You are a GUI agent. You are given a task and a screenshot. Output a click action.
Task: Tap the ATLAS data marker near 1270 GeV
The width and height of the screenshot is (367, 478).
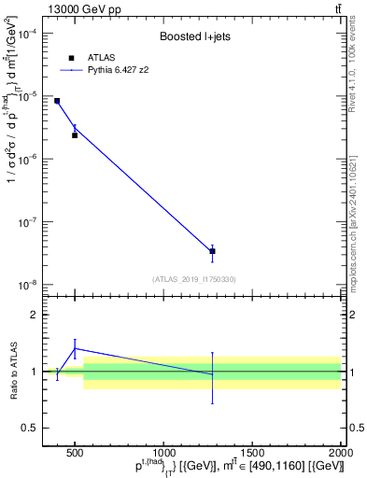click(212, 251)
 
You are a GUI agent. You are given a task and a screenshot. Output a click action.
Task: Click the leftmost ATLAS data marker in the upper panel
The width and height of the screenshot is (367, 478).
click(57, 101)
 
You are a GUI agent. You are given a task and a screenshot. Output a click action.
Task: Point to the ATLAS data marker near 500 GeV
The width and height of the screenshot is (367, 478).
click(75, 135)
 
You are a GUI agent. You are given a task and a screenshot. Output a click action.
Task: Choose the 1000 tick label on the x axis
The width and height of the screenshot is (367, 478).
click(163, 453)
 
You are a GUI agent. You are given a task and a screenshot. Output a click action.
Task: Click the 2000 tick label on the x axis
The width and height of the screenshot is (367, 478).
click(339, 453)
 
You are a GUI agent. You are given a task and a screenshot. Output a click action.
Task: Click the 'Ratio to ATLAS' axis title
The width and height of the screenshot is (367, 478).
click(13, 371)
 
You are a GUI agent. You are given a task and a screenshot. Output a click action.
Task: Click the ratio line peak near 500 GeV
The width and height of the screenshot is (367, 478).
click(75, 348)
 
